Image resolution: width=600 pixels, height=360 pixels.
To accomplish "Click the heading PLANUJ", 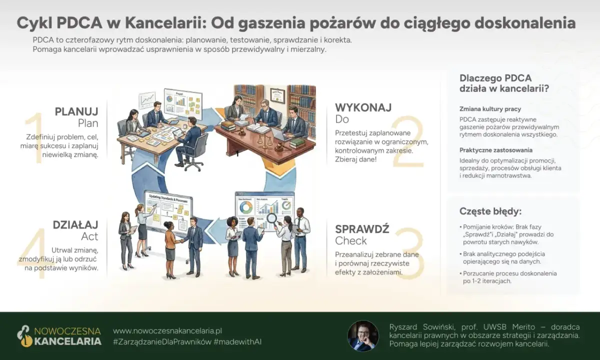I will tap(76, 111).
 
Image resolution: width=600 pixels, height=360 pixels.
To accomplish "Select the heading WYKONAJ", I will tap(363, 107).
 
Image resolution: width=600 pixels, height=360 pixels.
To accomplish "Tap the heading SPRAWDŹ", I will tap(362, 228).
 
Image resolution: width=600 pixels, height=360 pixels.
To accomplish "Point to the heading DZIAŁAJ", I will tap(75, 224).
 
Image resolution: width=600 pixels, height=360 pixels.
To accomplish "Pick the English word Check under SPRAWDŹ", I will tap(351, 241).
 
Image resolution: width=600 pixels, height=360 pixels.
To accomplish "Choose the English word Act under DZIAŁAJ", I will tap(89, 236).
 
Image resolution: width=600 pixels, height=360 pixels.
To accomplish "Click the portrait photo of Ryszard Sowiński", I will tap(363, 335).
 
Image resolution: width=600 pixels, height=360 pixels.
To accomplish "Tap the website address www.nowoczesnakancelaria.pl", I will tap(167, 331).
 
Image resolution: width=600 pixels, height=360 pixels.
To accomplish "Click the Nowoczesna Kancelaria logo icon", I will tap(23, 336).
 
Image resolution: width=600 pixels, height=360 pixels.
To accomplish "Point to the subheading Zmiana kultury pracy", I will tap(490, 108).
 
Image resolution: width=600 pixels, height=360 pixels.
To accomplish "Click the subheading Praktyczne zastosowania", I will tap(495, 150).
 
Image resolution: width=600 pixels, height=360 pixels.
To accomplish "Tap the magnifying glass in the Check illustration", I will tap(271, 218).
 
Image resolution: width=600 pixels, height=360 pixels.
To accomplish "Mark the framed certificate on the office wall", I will tap(277, 94).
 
